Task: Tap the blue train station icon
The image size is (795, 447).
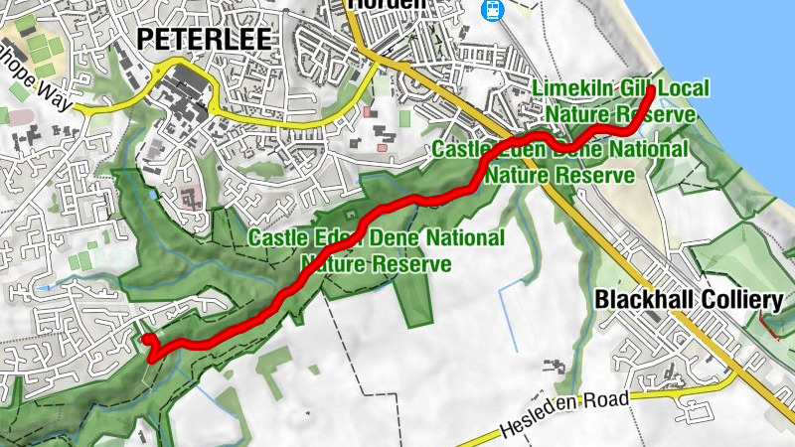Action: [x=491, y=10]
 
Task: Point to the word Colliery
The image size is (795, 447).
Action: [x=746, y=300]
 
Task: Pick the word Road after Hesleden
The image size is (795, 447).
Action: [x=613, y=399]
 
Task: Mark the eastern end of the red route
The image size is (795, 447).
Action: [x=651, y=90]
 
